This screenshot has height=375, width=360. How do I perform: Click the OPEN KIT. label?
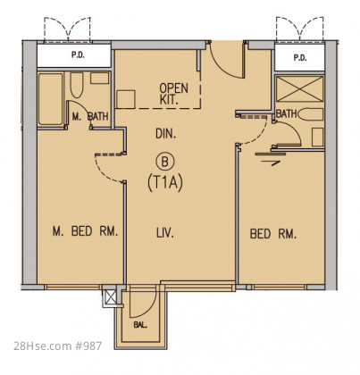click(x=174, y=94)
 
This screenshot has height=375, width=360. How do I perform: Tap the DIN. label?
click(x=166, y=134)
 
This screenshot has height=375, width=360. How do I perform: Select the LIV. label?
click(x=165, y=232)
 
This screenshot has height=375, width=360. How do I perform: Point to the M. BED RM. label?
click(x=85, y=231)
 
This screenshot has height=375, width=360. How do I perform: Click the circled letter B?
click(x=164, y=162)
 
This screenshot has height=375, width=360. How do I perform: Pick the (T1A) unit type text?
click(x=165, y=183)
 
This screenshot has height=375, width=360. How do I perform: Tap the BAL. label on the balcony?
click(x=140, y=325)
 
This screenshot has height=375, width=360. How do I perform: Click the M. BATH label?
click(x=90, y=116)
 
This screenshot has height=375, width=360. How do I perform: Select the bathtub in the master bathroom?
click(x=51, y=99)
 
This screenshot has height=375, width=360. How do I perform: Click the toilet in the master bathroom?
click(x=77, y=85)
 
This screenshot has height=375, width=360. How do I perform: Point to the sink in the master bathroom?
click(x=99, y=78)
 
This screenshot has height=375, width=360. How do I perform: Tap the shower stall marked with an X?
click(x=300, y=88)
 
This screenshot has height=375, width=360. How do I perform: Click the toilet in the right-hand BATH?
click(x=311, y=114)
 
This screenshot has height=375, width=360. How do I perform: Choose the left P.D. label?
click(x=78, y=55)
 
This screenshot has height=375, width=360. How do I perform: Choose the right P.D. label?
click(x=300, y=58)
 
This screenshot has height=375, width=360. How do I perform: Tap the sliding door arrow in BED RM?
click(x=271, y=163)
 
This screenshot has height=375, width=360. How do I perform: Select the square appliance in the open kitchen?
click(x=126, y=99)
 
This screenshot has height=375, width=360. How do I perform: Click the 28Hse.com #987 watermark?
click(x=58, y=346)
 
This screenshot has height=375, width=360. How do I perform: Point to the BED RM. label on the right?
click(x=273, y=234)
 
